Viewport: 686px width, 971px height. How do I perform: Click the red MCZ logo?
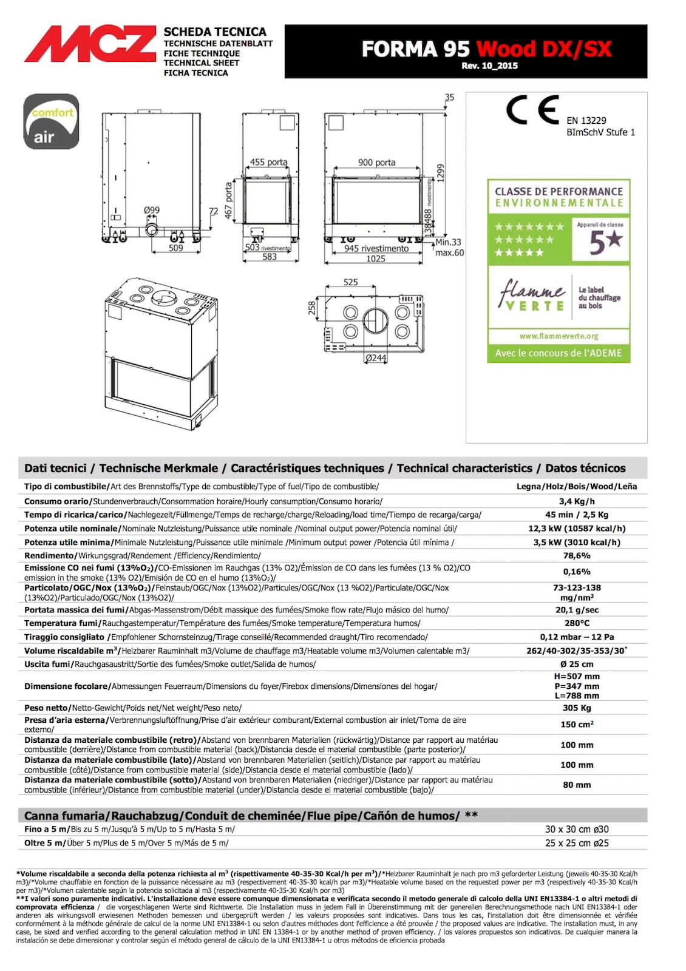click(90, 44)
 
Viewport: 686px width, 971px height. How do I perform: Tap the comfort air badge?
click(51, 122)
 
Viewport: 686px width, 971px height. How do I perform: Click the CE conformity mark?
click(532, 110)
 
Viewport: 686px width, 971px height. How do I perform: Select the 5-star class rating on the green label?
click(600, 241)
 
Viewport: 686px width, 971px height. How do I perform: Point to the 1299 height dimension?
click(441, 173)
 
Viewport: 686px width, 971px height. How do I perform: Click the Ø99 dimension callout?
click(152, 210)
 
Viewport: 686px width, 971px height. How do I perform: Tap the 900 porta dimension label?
click(376, 162)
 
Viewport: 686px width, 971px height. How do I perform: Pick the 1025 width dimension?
click(376, 259)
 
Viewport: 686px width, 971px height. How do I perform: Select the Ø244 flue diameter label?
click(376, 358)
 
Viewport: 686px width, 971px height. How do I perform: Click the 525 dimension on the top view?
click(350, 282)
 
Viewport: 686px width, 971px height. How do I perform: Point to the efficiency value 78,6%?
click(576, 555)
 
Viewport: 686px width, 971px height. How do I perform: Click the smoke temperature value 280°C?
click(576, 623)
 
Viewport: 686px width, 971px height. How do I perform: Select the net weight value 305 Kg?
click(576, 708)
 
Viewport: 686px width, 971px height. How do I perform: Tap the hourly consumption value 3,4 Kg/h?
click(576, 501)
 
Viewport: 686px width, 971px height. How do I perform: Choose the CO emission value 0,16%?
click(576, 572)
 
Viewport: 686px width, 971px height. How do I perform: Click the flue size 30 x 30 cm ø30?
click(576, 829)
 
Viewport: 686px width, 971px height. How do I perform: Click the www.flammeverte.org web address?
click(559, 336)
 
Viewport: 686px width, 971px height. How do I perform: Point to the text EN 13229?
click(586, 120)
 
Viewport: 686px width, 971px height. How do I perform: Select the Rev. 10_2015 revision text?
click(489, 66)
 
